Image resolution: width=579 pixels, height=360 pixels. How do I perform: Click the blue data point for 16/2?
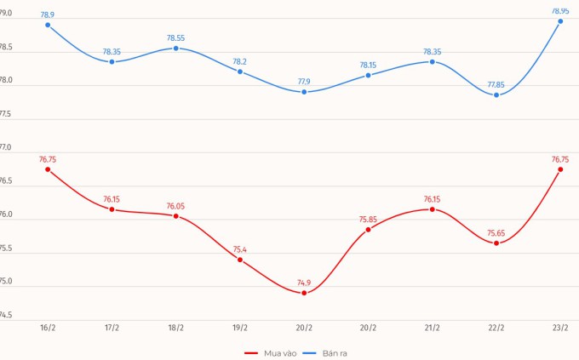(48, 25)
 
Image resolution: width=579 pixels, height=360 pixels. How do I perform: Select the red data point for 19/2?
(240, 260)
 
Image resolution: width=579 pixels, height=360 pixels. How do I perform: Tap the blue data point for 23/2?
(560, 21)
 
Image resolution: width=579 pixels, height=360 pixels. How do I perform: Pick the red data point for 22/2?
(496, 243)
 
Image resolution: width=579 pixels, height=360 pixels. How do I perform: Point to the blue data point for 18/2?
(176, 49)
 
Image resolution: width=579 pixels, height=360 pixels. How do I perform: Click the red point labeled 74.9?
(304, 293)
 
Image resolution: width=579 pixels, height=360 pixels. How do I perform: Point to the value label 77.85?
(496, 84)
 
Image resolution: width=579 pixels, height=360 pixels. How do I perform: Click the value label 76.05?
(176, 206)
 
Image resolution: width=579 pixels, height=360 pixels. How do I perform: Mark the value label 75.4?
(240, 249)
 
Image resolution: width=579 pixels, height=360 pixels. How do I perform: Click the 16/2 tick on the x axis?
(48, 328)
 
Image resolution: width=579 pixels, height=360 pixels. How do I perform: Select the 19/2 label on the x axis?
(240, 328)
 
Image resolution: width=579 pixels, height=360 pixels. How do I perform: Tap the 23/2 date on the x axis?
(560, 328)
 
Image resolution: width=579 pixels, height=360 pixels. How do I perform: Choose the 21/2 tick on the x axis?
(433, 328)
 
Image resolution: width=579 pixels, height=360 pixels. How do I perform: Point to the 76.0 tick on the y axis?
(5, 214)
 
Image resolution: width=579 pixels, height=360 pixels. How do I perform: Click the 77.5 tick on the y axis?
(5, 113)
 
